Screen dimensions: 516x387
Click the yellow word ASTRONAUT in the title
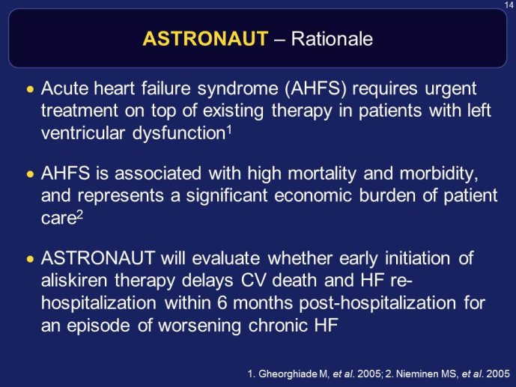click(x=206, y=38)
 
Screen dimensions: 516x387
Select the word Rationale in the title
click(x=332, y=39)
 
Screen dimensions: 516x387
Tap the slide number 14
click(x=509, y=5)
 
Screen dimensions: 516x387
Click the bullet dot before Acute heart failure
click(x=30, y=89)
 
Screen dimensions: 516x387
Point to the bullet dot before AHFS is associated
click(x=30, y=174)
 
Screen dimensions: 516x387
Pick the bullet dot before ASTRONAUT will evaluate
click(x=30, y=259)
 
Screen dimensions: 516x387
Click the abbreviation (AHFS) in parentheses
click(x=315, y=89)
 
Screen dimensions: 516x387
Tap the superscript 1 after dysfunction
click(x=229, y=130)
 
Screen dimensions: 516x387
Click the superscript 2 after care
click(x=79, y=215)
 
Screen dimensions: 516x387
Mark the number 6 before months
click(x=222, y=303)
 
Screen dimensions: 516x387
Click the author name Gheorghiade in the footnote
click(x=288, y=374)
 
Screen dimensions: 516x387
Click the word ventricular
click(x=83, y=133)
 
